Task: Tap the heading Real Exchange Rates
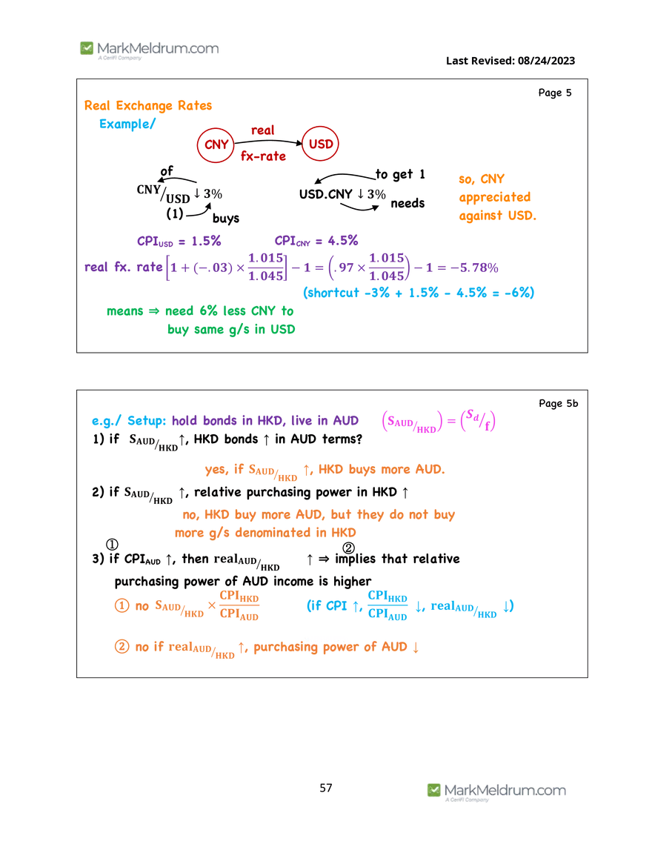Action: (x=148, y=105)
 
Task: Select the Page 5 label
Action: (x=554, y=93)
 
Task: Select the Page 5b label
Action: (x=559, y=403)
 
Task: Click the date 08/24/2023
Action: (x=547, y=61)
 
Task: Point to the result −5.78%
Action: (x=474, y=268)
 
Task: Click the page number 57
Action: (x=326, y=788)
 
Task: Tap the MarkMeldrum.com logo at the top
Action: (x=150, y=50)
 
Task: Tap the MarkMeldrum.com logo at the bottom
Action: (x=496, y=791)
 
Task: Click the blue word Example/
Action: (x=127, y=124)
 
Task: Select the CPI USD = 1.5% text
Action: (x=179, y=241)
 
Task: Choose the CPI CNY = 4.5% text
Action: (x=316, y=241)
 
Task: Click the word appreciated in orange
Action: (x=495, y=197)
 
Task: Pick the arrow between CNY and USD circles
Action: (x=269, y=142)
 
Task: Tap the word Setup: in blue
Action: (x=147, y=420)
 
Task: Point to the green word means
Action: (x=125, y=311)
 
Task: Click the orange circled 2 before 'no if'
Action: (x=122, y=646)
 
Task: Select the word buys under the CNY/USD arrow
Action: (x=226, y=219)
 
